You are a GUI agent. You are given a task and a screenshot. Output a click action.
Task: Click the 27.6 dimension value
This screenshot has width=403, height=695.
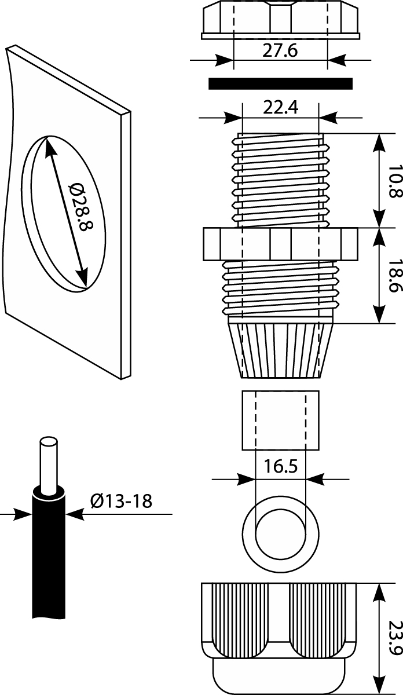pyautogui.click(x=280, y=51)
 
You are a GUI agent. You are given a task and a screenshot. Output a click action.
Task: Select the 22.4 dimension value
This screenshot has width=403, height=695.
pyautogui.click(x=280, y=108)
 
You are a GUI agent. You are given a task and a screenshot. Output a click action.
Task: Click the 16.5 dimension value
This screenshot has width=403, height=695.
pyautogui.click(x=280, y=467)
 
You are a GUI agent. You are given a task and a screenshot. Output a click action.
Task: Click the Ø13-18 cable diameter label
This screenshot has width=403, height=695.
pyautogui.click(x=121, y=500)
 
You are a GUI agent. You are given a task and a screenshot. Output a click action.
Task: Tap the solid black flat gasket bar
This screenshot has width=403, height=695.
pyautogui.click(x=280, y=84)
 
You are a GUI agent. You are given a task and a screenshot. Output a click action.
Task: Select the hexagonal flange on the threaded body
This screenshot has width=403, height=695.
pyautogui.click(x=280, y=244)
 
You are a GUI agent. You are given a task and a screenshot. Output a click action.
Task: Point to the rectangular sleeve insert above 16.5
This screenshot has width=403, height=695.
pyautogui.click(x=280, y=420)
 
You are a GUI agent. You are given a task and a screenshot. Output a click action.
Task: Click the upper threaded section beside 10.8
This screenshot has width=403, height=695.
pyautogui.click(x=280, y=180)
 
